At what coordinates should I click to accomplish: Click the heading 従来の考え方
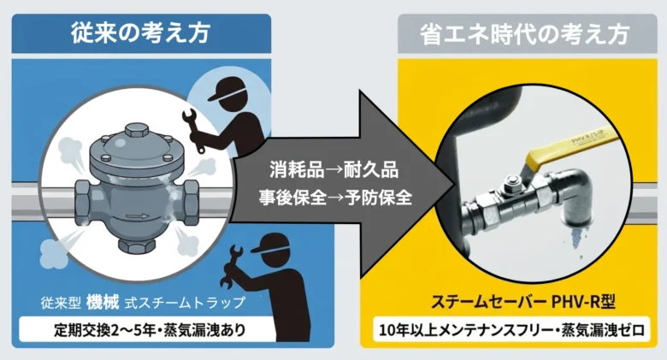tap(141, 33)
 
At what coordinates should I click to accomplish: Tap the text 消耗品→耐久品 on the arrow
tap(333, 170)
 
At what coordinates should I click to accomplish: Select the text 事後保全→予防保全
tap(335, 198)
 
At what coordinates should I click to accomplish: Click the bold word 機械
tap(103, 302)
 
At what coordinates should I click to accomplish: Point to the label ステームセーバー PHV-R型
tap(523, 302)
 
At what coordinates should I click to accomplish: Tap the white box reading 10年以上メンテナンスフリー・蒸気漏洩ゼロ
tap(511, 329)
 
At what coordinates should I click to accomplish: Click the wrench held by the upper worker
tap(192, 130)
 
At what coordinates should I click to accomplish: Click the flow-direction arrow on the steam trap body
tap(138, 216)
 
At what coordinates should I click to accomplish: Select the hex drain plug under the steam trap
tap(135, 244)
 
